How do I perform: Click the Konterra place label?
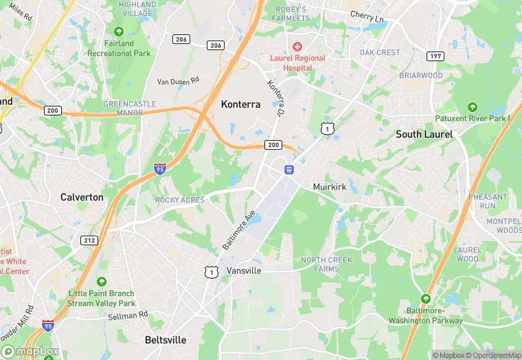coord(240,104)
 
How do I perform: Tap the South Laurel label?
coord(424,135)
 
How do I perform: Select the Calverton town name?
coord(82,197)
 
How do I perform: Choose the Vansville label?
coord(244,271)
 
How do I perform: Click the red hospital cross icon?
coord(297,45)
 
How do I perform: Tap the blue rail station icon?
coord(289,169)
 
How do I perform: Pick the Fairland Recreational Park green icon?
coord(119,32)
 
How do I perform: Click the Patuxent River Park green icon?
coord(472,107)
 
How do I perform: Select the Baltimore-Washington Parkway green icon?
coord(426,299)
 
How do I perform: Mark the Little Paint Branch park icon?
coord(102,282)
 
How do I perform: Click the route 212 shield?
coord(89,240)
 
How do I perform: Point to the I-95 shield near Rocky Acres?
coord(159,168)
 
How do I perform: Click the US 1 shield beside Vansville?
coord(211,272)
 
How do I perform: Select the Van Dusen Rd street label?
coord(178,81)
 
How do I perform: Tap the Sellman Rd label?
coord(128,315)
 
